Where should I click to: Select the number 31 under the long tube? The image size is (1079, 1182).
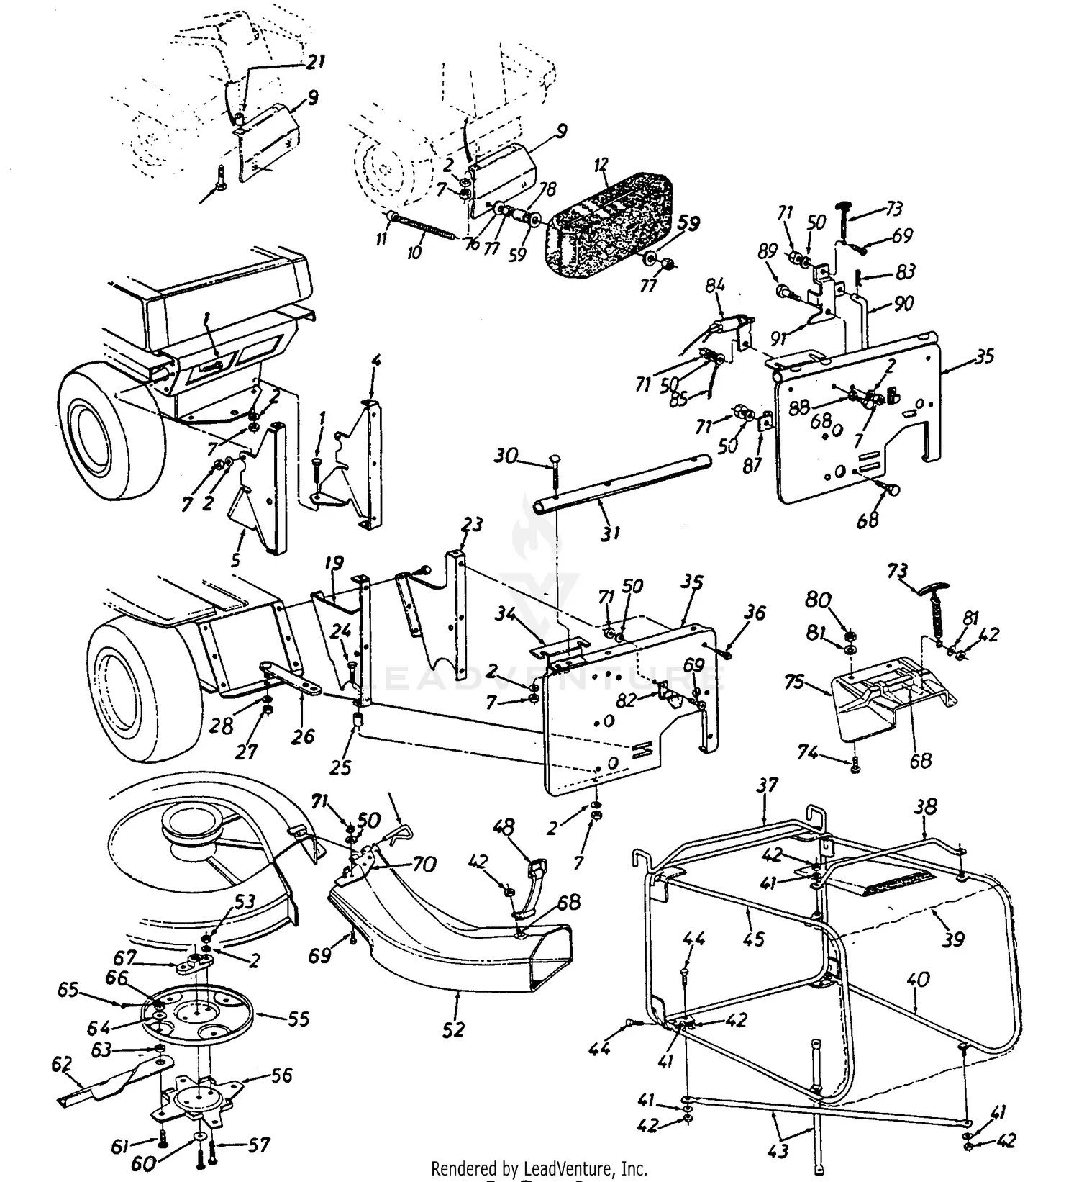610,533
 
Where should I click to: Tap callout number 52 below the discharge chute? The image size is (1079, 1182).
454,1030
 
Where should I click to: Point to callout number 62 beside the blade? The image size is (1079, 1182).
62,1063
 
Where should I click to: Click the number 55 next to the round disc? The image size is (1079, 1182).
298,1019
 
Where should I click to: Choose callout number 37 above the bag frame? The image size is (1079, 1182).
768,785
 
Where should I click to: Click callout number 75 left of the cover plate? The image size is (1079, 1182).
793,682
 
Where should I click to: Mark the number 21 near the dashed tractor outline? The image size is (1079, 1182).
314,62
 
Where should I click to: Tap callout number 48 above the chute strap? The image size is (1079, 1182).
504,828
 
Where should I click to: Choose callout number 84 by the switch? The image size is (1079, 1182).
715,287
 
